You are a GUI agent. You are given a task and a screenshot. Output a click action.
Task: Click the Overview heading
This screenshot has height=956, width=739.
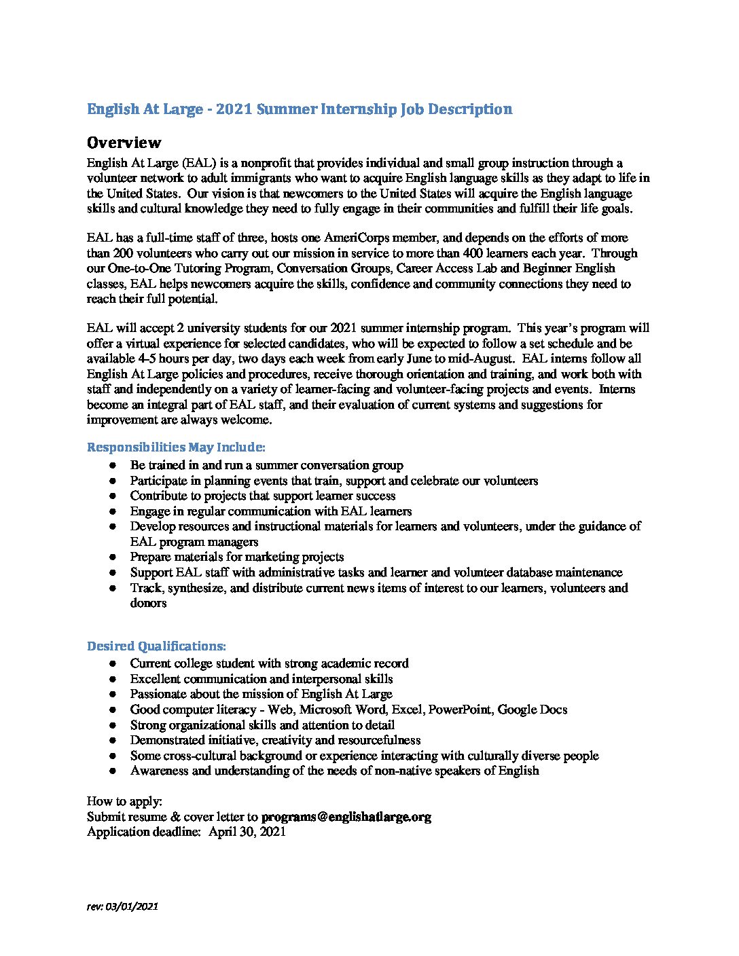124,143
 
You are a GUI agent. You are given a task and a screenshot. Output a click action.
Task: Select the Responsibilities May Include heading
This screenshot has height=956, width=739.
176,447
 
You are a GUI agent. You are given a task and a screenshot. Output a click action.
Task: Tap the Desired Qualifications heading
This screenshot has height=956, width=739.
156,646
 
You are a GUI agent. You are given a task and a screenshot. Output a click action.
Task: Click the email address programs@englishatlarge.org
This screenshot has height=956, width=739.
346,817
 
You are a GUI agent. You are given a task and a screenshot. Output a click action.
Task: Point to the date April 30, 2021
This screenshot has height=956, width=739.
247,832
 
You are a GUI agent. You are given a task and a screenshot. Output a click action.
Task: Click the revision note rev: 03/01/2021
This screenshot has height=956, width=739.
122,906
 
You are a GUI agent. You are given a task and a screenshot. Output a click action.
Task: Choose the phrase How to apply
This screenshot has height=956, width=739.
124,802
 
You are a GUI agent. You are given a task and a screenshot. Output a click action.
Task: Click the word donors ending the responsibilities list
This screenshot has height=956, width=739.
148,603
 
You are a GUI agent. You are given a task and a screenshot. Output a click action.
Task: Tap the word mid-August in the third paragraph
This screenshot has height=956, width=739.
475,358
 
